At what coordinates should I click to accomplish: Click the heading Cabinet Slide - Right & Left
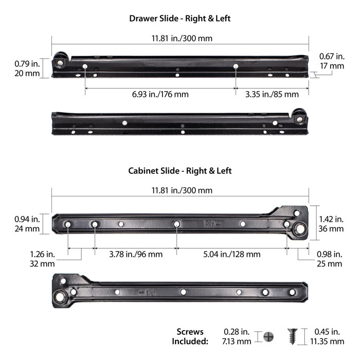(180, 171)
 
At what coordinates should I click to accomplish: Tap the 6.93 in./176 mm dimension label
(159, 94)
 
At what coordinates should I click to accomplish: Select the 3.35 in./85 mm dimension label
(272, 94)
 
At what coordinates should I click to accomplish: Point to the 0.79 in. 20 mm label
(25, 68)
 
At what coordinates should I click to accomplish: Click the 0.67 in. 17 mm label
(332, 61)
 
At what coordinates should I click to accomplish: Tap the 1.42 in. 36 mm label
(331, 223)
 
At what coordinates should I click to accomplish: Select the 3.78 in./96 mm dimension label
(136, 254)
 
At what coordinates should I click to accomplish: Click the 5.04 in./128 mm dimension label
(231, 254)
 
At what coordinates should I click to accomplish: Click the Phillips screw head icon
(268, 337)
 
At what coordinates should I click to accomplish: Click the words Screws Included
(190, 336)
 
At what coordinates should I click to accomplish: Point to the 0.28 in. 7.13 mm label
(238, 336)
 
